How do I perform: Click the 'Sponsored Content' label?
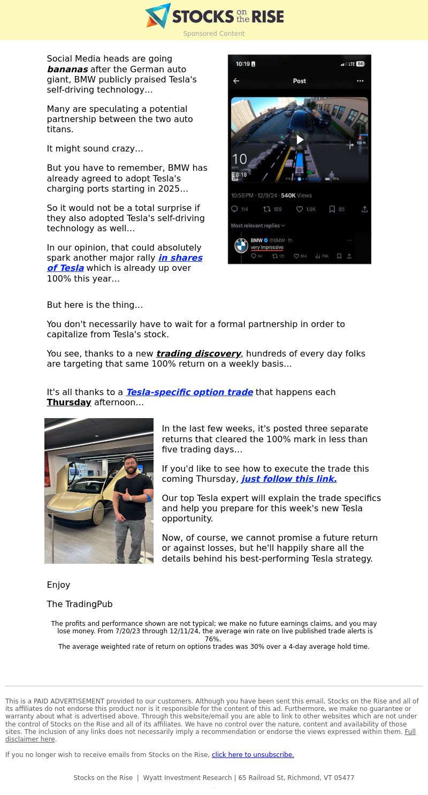coord(214,34)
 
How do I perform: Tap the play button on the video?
coord(300,140)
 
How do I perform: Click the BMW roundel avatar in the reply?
coord(241,246)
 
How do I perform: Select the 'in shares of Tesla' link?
coord(125,263)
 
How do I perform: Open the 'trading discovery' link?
coord(198,354)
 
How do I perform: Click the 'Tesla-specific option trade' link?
coord(189,392)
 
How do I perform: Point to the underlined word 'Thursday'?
coord(69,403)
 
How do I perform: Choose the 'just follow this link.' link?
coord(289,479)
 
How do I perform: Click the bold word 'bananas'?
coord(67,70)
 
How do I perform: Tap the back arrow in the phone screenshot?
coord(236,81)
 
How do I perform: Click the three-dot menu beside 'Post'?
coord(360,81)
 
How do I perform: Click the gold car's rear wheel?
coord(98,512)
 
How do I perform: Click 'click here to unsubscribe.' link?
coord(253,755)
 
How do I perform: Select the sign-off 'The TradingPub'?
coord(80,604)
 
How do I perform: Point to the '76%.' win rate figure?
coord(212,639)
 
